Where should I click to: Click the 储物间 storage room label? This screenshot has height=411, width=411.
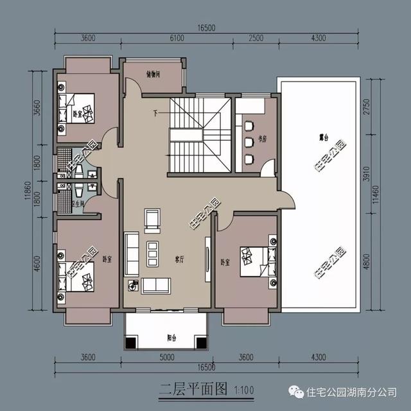(x=153, y=74)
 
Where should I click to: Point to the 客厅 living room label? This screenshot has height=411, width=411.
(x=180, y=260)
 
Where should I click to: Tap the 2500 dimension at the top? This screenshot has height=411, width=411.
(x=255, y=38)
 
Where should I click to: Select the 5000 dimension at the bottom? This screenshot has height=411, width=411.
(x=167, y=357)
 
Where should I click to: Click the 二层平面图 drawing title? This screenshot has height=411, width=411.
(x=186, y=388)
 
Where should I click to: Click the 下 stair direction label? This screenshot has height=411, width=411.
(x=156, y=115)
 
